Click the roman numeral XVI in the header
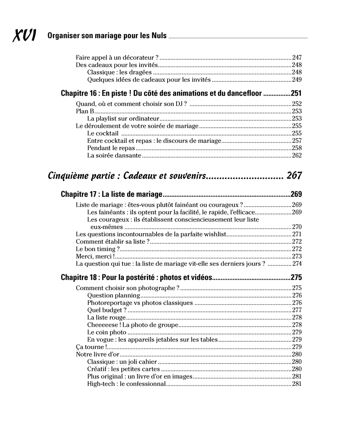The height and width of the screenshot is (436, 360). (x=24, y=36)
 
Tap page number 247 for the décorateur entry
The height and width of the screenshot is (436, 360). (x=297, y=57)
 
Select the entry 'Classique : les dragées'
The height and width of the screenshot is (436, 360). (x=119, y=72)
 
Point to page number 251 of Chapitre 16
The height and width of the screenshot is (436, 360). (x=296, y=93)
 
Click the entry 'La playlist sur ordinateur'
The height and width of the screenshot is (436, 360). (x=123, y=118)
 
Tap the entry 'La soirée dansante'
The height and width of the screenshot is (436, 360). (x=114, y=155)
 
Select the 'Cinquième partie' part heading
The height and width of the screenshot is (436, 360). (x=127, y=175)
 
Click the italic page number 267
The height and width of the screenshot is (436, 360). (x=294, y=175)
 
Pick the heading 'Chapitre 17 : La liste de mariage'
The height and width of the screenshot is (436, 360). (x=111, y=194)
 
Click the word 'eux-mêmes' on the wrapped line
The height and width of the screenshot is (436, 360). (x=106, y=227)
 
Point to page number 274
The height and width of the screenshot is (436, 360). (x=297, y=264)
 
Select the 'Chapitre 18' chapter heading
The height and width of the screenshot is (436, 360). (x=136, y=277)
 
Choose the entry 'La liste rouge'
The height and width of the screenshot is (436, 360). (x=106, y=318)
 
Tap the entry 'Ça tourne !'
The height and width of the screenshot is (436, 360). (x=90, y=347)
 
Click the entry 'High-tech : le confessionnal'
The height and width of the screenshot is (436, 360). (x=126, y=384)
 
